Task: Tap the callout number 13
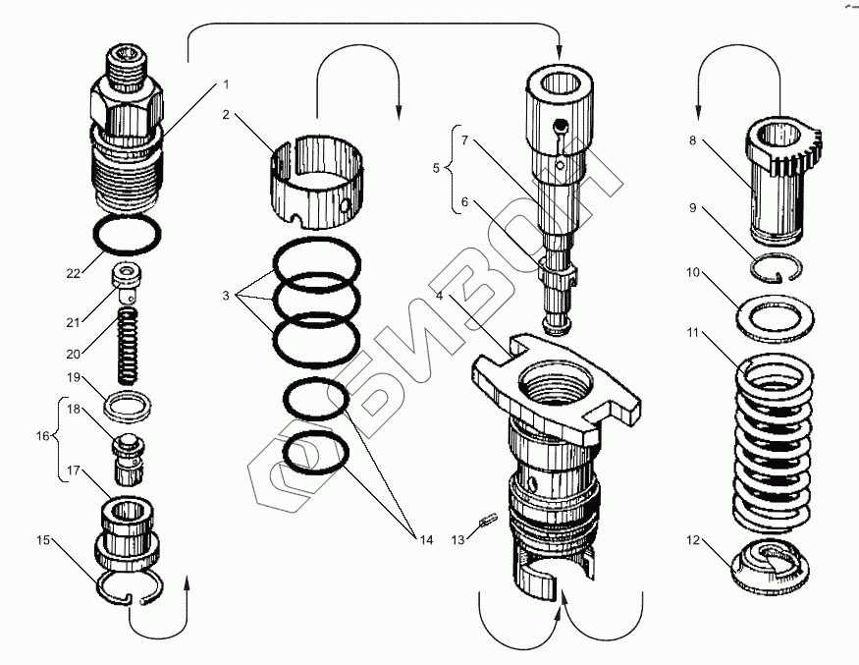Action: coord(458,538)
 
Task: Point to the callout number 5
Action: coord(438,167)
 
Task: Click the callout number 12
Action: coord(693,539)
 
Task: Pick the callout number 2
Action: coord(226,115)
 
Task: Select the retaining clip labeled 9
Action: coord(778,268)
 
